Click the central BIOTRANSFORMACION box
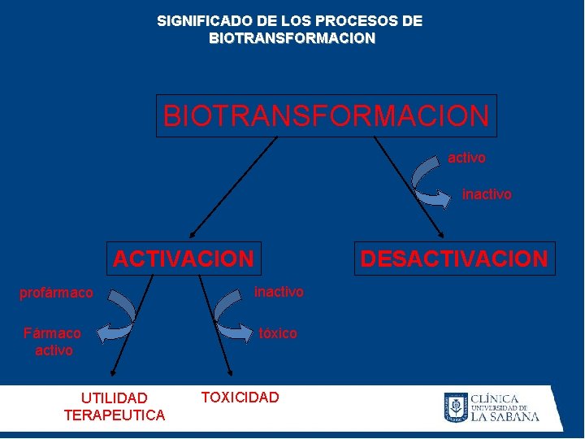pyautogui.click(x=326, y=115)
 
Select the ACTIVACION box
pyautogui.click(x=184, y=259)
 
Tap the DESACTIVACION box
pyautogui.click(x=454, y=259)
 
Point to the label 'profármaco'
pyautogui.click(x=56, y=293)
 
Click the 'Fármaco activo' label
pyautogui.click(x=54, y=341)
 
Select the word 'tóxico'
pyautogui.click(x=278, y=333)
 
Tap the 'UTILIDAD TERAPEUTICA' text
pyautogui.click(x=114, y=406)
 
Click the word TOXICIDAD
pyautogui.click(x=240, y=397)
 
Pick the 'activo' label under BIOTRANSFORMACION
pyautogui.click(x=466, y=158)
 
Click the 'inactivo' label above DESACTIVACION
pyautogui.click(x=487, y=194)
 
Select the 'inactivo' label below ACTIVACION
pyautogui.click(x=279, y=291)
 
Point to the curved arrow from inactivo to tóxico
pyautogui.click(x=227, y=313)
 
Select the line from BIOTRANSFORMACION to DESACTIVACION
pyautogui.click(x=409, y=186)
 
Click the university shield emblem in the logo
pyautogui.click(x=455, y=406)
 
